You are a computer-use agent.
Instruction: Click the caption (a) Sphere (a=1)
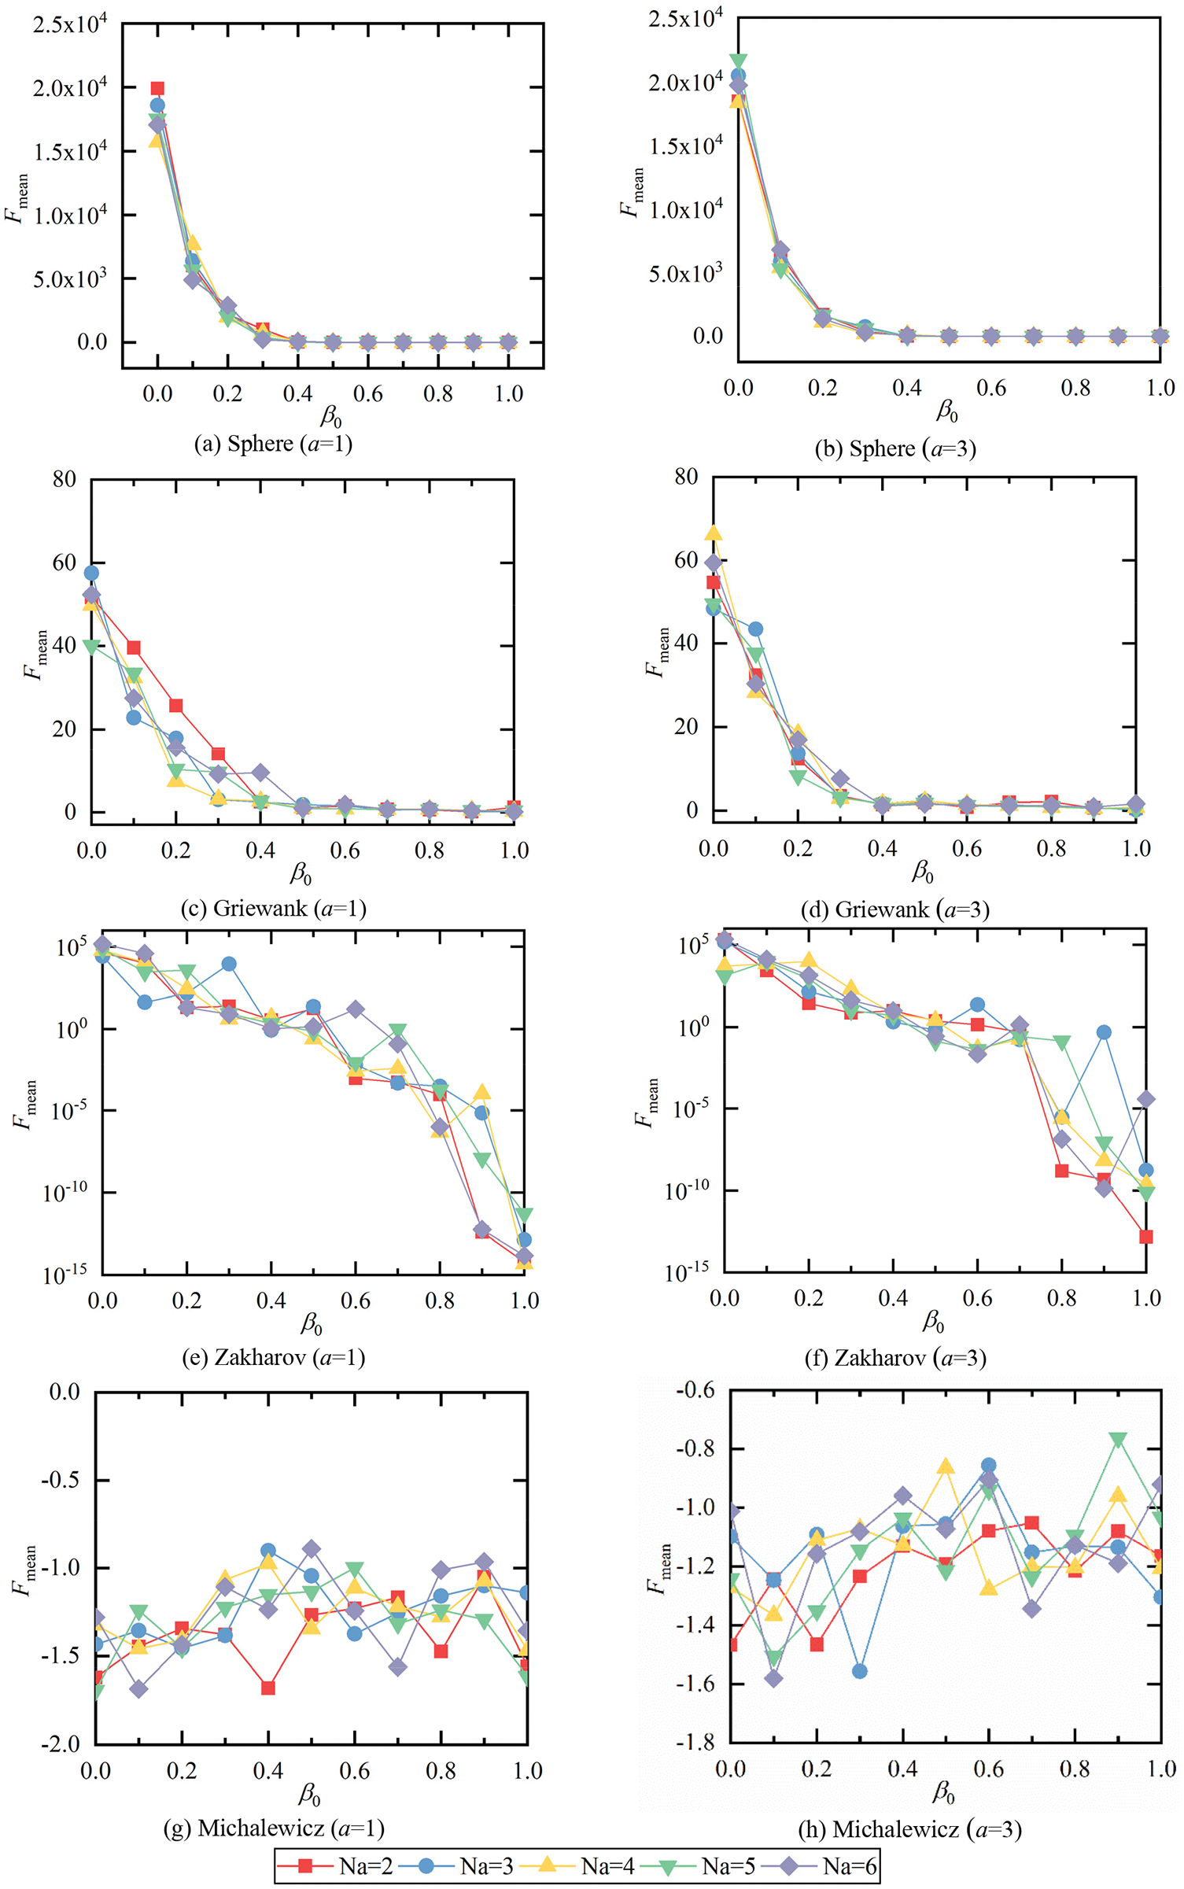pyautogui.click(x=273, y=444)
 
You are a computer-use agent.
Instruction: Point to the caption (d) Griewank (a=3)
pyautogui.click(x=894, y=909)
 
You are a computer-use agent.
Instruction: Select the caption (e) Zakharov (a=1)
pyautogui.click(x=273, y=1357)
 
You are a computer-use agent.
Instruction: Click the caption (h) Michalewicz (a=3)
pyautogui.click(x=909, y=1829)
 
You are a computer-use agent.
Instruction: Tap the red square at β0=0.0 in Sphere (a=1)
pyautogui.click(x=157, y=89)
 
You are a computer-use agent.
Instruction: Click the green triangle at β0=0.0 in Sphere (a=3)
pyautogui.click(x=738, y=61)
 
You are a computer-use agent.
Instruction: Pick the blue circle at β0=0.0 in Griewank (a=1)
pyautogui.click(x=91, y=573)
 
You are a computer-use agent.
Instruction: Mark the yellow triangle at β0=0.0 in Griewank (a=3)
pyautogui.click(x=714, y=533)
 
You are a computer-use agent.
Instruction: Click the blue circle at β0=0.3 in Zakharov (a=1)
pyautogui.click(x=229, y=964)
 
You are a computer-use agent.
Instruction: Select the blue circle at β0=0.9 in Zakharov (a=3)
pyautogui.click(x=1104, y=1032)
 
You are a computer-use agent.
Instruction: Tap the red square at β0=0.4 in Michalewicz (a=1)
pyautogui.click(x=268, y=1688)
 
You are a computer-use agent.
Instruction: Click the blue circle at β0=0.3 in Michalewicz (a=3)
pyautogui.click(x=860, y=1671)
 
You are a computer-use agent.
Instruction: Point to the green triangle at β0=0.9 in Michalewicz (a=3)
pyautogui.click(x=1118, y=1440)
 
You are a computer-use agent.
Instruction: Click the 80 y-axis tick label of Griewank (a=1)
pyautogui.click(x=65, y=479)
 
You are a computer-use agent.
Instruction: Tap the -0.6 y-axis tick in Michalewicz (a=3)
pyautogui.click(x=695, y=1390)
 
